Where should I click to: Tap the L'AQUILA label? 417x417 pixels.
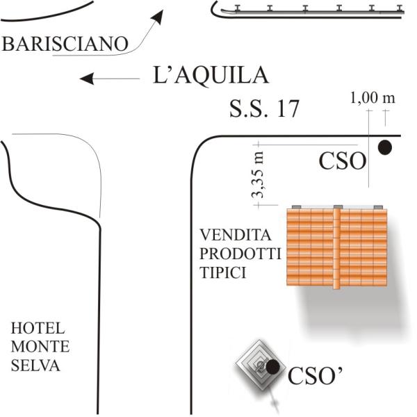click(x=210, y=75)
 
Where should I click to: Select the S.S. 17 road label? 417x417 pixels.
click(x=264, y=108)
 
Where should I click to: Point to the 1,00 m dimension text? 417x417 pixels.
click(x=373, y=97)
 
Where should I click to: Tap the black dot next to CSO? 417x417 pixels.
click(x=384, y=147)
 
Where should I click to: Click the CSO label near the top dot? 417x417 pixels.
click(x=342, y=161)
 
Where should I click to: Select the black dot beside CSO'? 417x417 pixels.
click(x=273, y=366)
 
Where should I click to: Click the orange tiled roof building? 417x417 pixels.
click(x=337, y=246)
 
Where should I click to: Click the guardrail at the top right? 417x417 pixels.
click(x=309, y=10)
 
